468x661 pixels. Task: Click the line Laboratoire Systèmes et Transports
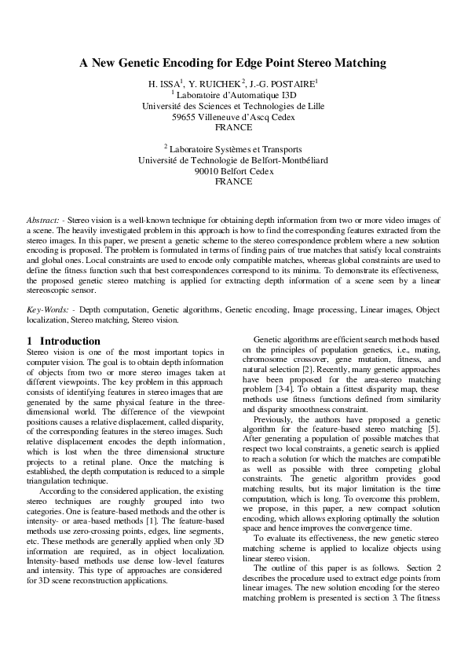(x=235, y=148)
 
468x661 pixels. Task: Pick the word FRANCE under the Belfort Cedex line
(x=233, y=181)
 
